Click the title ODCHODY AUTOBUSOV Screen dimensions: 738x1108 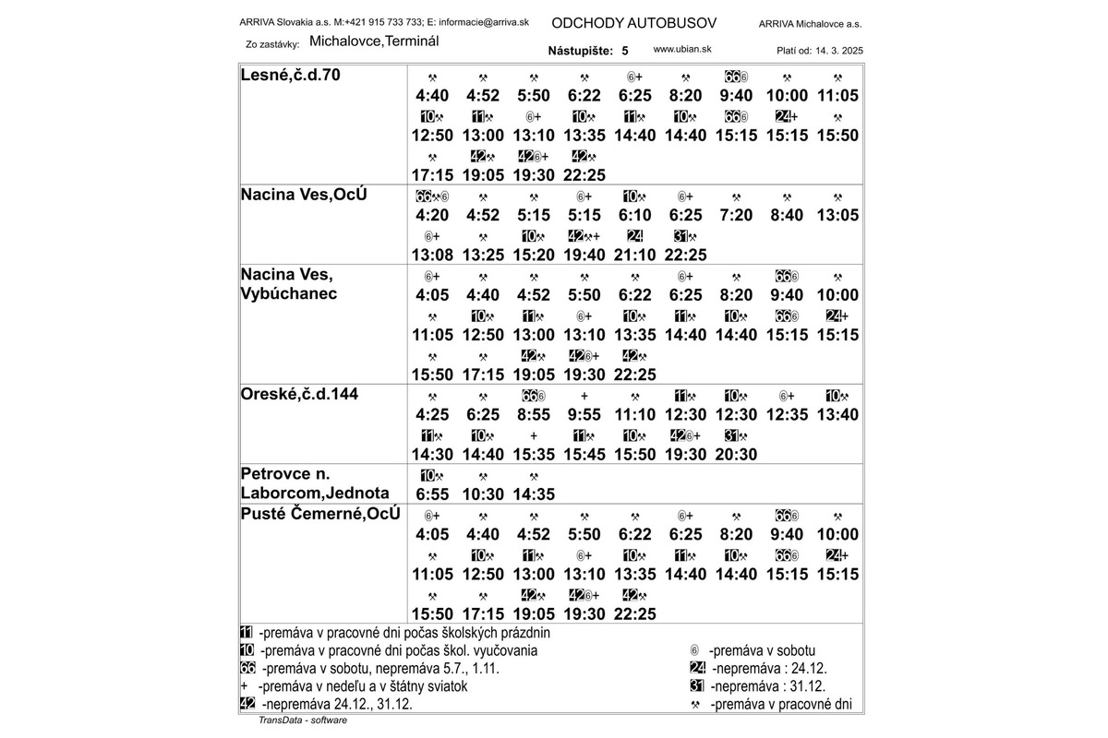coord(632,22)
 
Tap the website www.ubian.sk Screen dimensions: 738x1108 coord(682,49)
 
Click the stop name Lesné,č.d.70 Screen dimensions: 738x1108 coord(290,75)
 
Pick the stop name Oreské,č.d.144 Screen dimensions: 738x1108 coord(299,394)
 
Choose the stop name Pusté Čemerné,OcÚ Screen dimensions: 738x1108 coord(320,514)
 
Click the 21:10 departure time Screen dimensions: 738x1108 coord(635,255)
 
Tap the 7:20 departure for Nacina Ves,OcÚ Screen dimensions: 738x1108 coord(736,215)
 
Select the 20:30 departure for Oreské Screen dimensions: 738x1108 coord(736,454)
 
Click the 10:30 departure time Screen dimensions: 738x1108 coord(483,494)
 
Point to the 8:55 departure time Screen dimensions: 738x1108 coord(534,414)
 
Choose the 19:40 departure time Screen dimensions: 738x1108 coord(584,255)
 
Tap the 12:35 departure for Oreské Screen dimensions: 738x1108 coord(787,414)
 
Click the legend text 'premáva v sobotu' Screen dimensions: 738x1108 coord(762,650)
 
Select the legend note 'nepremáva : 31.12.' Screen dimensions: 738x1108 coord(767,686)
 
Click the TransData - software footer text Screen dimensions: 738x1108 coord(302,720)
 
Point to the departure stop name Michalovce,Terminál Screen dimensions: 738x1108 coord(374,42)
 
